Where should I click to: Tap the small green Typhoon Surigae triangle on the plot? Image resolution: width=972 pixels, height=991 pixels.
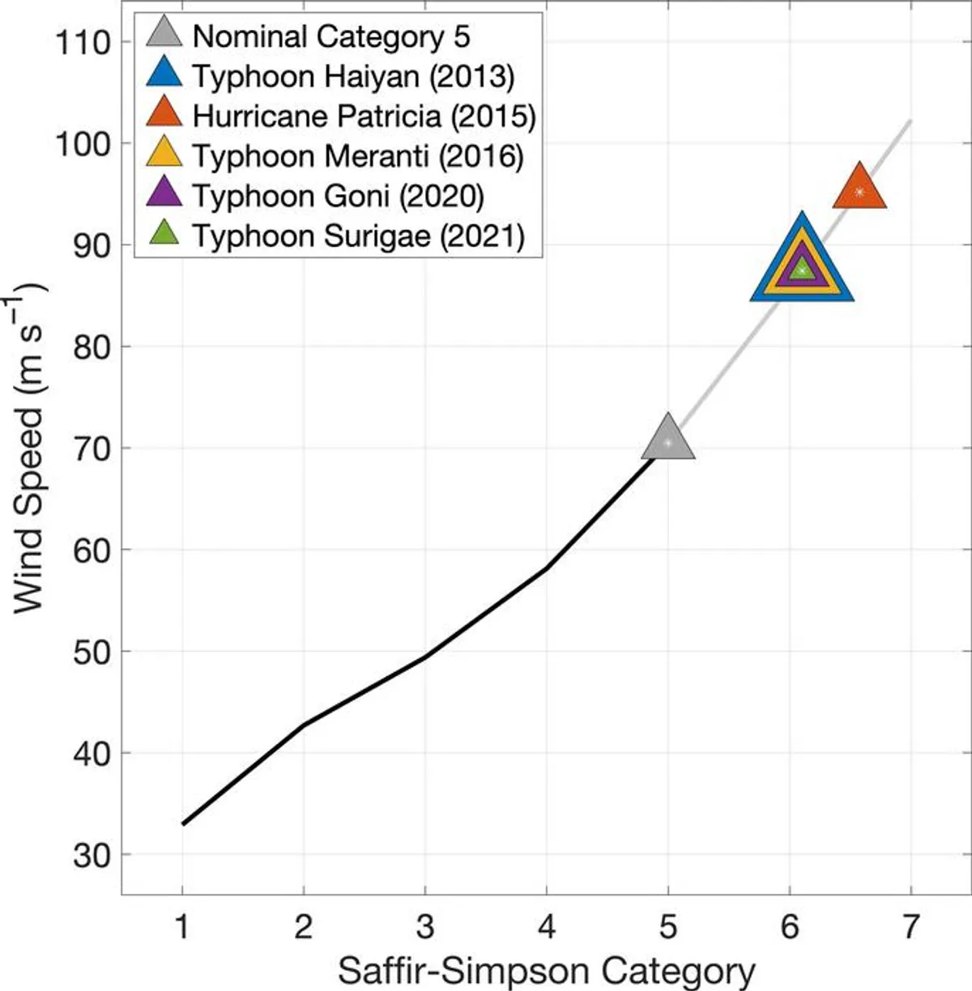pyautogui.click(x=801, y=270)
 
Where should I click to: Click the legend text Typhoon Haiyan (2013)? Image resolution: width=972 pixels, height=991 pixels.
pyautogui.click(x=354, y=76)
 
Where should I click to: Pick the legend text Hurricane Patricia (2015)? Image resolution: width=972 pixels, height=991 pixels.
pyautogui.click(x=364, y=116)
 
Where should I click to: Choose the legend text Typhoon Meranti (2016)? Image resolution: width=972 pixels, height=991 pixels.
pyautogui.click(x=359, y=155)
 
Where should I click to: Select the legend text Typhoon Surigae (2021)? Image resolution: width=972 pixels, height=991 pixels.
pyautogui.click(x=359, y=236)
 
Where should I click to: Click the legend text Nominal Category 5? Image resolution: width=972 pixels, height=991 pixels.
pyautogui.click(x=331, y=36)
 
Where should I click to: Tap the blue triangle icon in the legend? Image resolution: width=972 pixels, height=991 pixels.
pyautogui.click(x=164, y=75)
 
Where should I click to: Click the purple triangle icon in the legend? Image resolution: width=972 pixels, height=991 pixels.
pyautogui.click(x=164, y=194)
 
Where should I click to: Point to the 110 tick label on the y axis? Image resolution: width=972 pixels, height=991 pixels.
pyautogui.click(x=82, y=42)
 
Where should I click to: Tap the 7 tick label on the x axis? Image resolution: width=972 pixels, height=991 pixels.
pyautogui.click(x=911, y=927)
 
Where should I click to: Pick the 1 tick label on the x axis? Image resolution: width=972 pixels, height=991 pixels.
pyautogui.click(x=182, y=927)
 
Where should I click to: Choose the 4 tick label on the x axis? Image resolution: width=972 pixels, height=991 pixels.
pyautogui.click(x=547, y=927)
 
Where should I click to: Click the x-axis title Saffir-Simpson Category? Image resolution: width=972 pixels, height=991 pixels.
pyautogui.click(x=547, y=969)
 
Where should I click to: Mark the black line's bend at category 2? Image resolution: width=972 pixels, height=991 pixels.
pyautogui.click(x=304, y=725)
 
